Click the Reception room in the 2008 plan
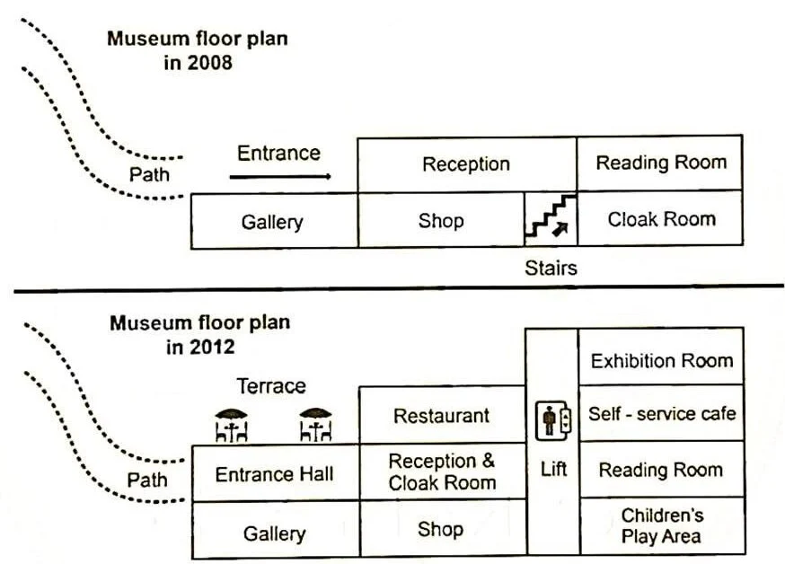pos(466,164)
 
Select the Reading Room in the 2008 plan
pos(660,163)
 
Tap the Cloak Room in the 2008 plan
pos(660,219)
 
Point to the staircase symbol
pos(550,219)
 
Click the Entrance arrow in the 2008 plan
pos(279,177)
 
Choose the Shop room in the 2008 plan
pos(440,221)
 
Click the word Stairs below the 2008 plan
pos(551,267)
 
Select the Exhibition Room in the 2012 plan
pos(661,361)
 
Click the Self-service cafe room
pos(661,414)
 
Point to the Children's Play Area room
pos(661,525)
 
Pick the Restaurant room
pos(441,416)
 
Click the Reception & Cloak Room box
pos(441,471)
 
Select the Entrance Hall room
pos(274,473)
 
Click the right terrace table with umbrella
pos(314,425)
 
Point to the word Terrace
pos(270,386)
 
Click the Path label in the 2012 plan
pos(147,480)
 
